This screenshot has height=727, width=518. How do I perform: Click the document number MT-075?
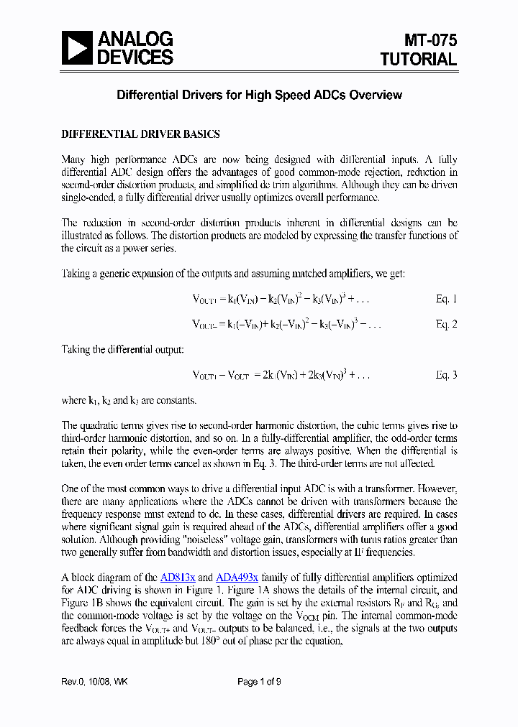tap(430, 41)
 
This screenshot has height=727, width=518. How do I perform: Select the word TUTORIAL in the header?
tap(419, 60)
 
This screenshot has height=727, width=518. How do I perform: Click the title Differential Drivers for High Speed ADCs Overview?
tap(259, 95)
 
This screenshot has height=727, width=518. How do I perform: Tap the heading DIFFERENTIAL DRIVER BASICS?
tap(140, 134)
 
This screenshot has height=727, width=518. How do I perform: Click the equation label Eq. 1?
tap(446, 299)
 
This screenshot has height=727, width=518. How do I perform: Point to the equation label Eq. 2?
tap(446, 324)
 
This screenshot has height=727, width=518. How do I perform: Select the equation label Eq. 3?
tap(446, 374)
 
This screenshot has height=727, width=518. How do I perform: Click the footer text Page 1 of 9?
tap(259, 682)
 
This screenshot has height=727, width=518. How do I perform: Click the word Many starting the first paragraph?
tap(74, 159)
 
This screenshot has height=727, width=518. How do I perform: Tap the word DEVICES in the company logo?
tap(135, 57)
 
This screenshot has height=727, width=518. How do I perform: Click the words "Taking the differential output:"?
tap(122, 349)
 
